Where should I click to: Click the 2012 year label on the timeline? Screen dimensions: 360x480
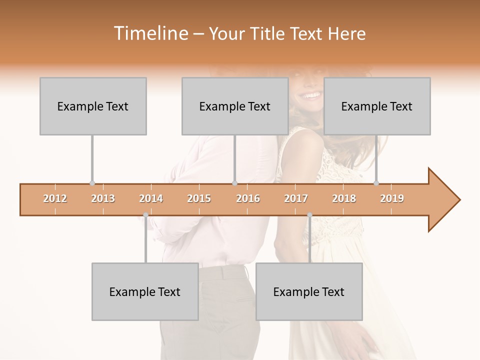(x=55, y=198)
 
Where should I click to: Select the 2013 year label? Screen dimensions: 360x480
(x=103, y=198)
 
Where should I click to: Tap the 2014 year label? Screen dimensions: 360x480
(x=151, y=198)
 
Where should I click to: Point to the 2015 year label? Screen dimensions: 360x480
(x=199, y=198)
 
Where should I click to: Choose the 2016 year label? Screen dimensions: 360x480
(x=248, y=198)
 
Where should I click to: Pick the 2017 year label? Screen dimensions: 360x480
(x=296, y=198)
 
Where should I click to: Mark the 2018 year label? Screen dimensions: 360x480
(x=344, y=198)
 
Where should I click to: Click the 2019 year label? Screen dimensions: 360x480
(x=392, y=198)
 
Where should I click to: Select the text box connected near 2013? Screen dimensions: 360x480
(x=93, y=106)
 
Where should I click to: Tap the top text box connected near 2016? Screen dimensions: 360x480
(x=235, y=106)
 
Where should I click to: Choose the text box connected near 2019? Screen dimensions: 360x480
(x=377, y=106)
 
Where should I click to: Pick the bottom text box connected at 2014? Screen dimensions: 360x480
(x=145, y=291)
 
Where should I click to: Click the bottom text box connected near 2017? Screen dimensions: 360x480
(x=309, y=291)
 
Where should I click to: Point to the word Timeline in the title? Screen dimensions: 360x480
(x=150, y=33)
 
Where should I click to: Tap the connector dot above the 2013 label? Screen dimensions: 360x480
(x=92, y=183)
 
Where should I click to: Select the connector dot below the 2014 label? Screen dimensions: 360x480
(x=145, y=215)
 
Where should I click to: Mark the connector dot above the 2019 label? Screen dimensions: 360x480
(x=376, y=183)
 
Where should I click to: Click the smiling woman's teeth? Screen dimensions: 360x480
(x=311, y=95)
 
